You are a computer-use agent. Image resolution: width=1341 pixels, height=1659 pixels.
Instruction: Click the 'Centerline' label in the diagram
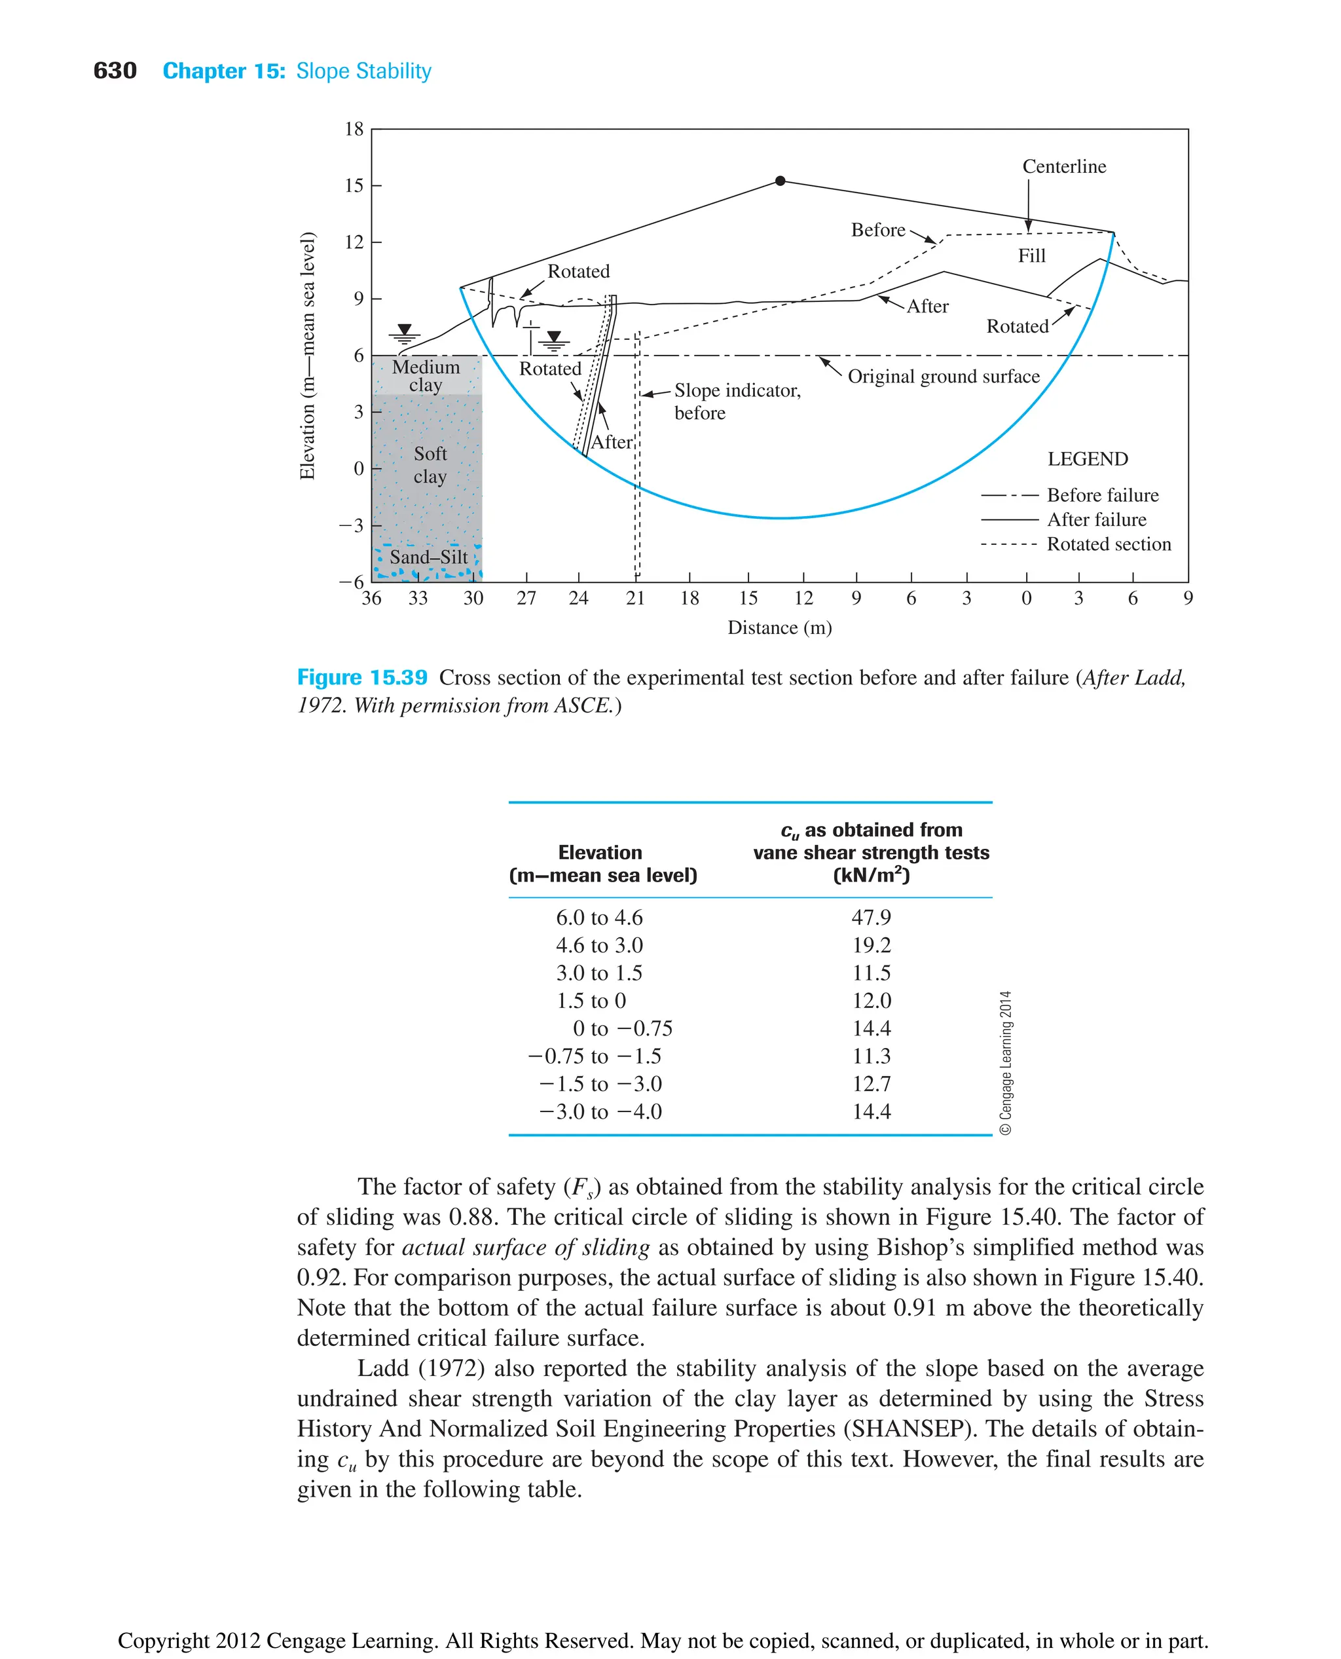tap(1063, 167)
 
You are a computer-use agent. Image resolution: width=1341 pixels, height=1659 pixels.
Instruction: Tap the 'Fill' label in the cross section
tap(1031, 256)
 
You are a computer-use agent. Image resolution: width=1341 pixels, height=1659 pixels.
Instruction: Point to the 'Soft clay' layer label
tap(430, 464)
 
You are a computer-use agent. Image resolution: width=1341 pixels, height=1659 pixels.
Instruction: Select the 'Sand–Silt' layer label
tap(428, 557)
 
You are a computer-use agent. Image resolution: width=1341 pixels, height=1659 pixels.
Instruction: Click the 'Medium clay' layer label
tap(426, 375)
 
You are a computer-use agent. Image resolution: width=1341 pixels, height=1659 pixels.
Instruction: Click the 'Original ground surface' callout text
tap(943, 377)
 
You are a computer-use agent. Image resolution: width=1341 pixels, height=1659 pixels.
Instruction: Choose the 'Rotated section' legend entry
tap(1108, 544)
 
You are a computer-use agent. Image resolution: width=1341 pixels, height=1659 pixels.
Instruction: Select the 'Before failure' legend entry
tap(1101, 495)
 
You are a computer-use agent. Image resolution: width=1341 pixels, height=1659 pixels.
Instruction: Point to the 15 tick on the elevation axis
tap(354, 185)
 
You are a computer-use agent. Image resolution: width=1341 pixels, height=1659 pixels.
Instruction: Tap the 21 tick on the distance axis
tap(635, 598)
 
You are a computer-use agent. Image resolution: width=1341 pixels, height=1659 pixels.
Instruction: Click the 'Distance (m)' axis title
tap(779, 627)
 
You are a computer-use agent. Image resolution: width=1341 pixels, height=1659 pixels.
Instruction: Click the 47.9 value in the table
tap(871, 917)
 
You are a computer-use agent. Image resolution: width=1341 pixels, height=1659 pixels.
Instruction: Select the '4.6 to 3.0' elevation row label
tap(598, 945)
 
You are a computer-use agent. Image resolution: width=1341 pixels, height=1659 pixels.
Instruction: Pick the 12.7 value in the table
tap(871, 1083)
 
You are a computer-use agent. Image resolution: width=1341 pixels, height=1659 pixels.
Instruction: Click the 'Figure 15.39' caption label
tap(361, 678)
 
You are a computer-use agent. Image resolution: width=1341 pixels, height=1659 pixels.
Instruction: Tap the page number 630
tap(115, 71)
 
